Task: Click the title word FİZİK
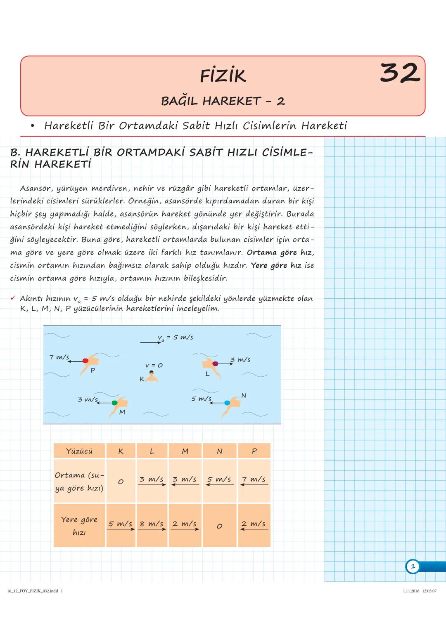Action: [223, 76]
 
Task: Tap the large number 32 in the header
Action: [399, 73]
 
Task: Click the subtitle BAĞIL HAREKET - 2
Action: [223, 101]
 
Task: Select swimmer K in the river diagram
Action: [152, 376]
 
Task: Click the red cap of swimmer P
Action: [85, 361]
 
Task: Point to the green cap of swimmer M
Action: [114, 403]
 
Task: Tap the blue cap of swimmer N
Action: [227, 403]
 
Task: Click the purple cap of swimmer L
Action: [215, 363]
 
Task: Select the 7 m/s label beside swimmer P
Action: [59, 357]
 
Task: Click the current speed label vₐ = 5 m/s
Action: [175, 337]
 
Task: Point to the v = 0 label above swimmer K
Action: [154, 365]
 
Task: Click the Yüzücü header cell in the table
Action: [79, 451]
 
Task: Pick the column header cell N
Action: [220, 451]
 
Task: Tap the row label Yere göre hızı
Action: [79, 526]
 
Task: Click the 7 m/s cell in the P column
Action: [254, 480]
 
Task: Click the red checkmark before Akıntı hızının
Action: [13, 298]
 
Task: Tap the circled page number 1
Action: [413, 566]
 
